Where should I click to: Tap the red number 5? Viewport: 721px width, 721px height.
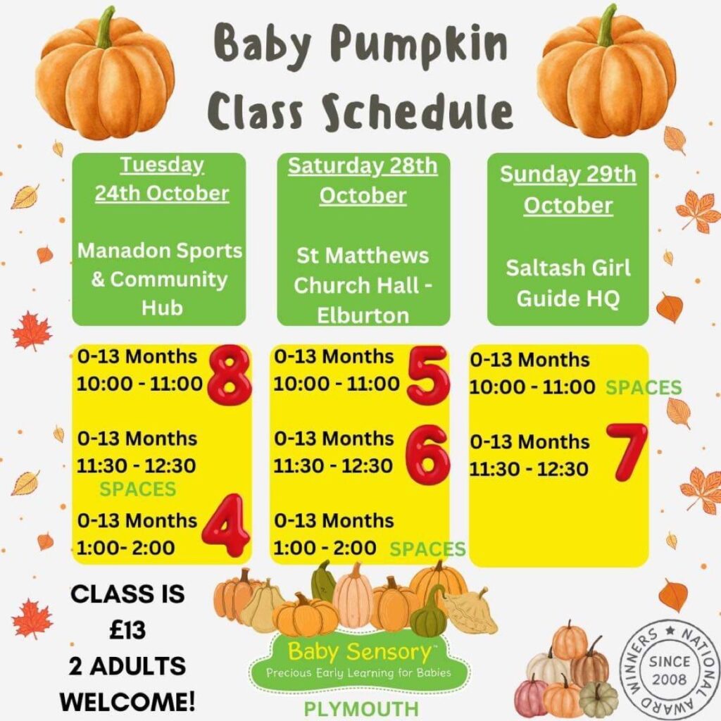427,375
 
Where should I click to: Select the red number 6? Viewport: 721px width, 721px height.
427,454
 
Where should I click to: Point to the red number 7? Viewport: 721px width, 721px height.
627,451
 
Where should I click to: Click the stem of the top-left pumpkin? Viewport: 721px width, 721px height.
106,27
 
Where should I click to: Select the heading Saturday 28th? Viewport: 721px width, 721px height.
363,166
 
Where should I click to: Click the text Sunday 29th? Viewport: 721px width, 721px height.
568,175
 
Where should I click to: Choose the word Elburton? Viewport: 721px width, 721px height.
363,316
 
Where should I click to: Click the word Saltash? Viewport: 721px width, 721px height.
545,268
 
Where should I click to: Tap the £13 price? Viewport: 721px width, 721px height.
127,629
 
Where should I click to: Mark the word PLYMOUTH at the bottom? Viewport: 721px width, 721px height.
361,709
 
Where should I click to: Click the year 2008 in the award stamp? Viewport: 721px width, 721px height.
670,679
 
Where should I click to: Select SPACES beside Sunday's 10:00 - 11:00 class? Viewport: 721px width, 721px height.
644,388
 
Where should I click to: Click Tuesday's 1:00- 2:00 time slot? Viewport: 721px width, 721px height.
125,548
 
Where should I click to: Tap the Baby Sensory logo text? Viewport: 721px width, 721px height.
359,651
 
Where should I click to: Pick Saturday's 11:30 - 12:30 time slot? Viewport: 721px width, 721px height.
333,466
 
